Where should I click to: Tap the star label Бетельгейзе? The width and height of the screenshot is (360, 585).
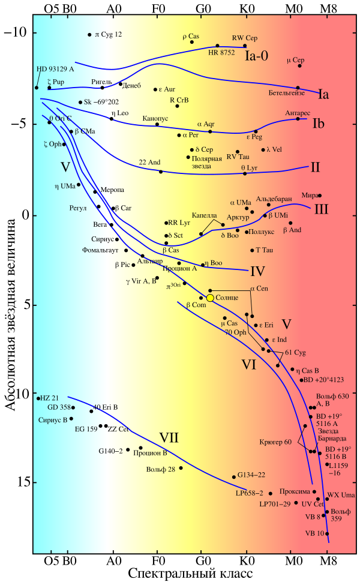pos(287,94)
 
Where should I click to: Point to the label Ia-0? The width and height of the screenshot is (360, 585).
pos(257,55)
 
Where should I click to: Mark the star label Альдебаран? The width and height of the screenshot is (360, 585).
pos(274,199)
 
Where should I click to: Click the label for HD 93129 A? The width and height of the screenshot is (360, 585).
pos(55,69)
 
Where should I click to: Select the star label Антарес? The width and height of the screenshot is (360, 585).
pos(298,113)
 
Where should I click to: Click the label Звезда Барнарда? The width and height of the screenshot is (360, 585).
pos(332,434)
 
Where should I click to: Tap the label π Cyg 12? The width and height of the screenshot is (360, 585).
pos(109,34)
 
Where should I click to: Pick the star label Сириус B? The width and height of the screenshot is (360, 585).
pos(53,419)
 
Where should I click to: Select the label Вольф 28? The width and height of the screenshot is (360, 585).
pos(160,469)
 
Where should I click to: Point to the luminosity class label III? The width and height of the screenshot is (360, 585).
pos(321,209)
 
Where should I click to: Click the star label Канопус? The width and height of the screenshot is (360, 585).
pos(155,118)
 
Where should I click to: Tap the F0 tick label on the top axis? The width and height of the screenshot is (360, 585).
pos(158,10)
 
